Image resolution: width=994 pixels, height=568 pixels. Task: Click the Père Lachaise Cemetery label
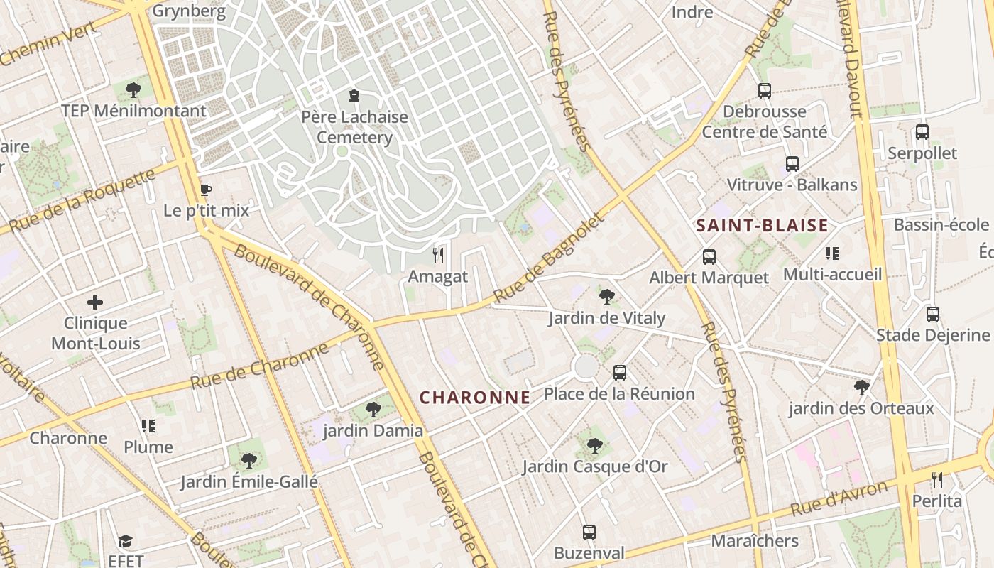tap(354, 127)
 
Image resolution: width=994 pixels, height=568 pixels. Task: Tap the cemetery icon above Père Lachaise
tap(354, 96)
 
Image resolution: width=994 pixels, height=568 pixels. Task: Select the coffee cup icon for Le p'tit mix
tap(206, 190)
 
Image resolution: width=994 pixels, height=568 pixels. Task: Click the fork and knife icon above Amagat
tap(438, 256)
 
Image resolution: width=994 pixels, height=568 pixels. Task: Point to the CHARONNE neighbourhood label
tap(474, 398)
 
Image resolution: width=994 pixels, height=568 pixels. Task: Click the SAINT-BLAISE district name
tap(762, 226)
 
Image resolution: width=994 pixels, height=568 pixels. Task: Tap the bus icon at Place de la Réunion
tap(620, 372)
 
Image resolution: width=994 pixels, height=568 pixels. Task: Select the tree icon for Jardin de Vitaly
tap(606, 296)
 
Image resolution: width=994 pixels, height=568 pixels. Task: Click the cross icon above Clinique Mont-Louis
tap(94, 302)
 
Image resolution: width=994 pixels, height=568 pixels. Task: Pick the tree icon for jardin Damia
tap(373, 410)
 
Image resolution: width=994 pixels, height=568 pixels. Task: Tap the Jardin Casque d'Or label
tap(595, 466)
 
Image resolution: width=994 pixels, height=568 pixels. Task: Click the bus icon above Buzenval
tap(589, 532)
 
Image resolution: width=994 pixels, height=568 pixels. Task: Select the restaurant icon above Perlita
tap(937, 480)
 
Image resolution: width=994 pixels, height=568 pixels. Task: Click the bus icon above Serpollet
tap(922, 132)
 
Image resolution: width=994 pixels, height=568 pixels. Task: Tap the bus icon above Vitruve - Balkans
tap(792, 164)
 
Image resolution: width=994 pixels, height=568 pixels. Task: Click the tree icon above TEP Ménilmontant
tap(133, 89)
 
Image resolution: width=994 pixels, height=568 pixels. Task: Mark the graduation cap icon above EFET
tap(126, 541)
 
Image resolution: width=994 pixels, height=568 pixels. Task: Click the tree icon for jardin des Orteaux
tap(861, 387)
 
